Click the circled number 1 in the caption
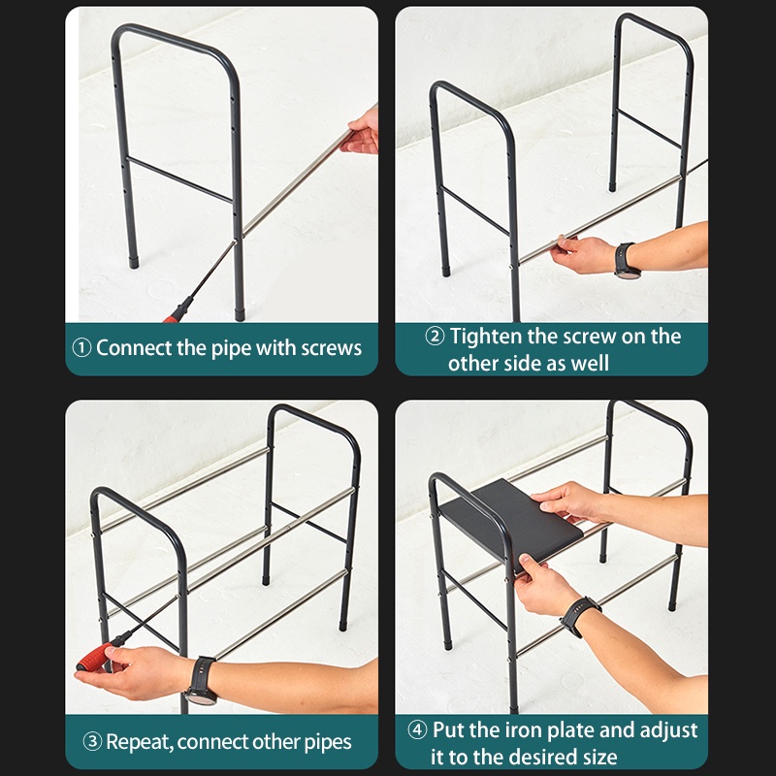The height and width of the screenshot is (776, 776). (81, 348)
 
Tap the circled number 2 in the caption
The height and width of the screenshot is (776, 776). (435, 337)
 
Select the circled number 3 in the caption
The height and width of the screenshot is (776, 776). (92, 742)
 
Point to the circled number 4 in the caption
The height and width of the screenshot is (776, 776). (417, 730)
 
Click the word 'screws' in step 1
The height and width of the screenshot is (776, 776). (332, 348)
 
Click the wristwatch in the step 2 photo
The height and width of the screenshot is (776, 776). (626, 260)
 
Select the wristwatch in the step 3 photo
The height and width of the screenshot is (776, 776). (201, 681)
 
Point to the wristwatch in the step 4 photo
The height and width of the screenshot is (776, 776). (579, 616)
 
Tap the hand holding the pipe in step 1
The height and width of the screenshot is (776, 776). (359, 131)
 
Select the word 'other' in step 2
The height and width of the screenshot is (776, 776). (471, 364)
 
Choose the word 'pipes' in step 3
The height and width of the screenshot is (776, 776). (328, 743)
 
